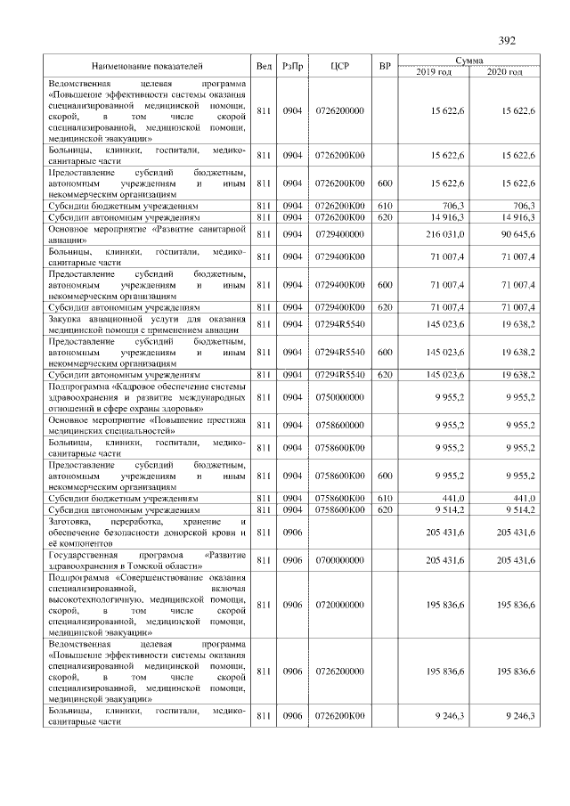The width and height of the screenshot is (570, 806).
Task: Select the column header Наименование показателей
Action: [147, 66]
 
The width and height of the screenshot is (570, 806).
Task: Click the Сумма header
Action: [468, 60]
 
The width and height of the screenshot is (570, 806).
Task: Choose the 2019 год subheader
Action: [434, 71]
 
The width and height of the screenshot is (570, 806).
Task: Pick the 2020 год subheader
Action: [504, 71]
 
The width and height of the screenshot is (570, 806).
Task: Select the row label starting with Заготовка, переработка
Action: [147, 532]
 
